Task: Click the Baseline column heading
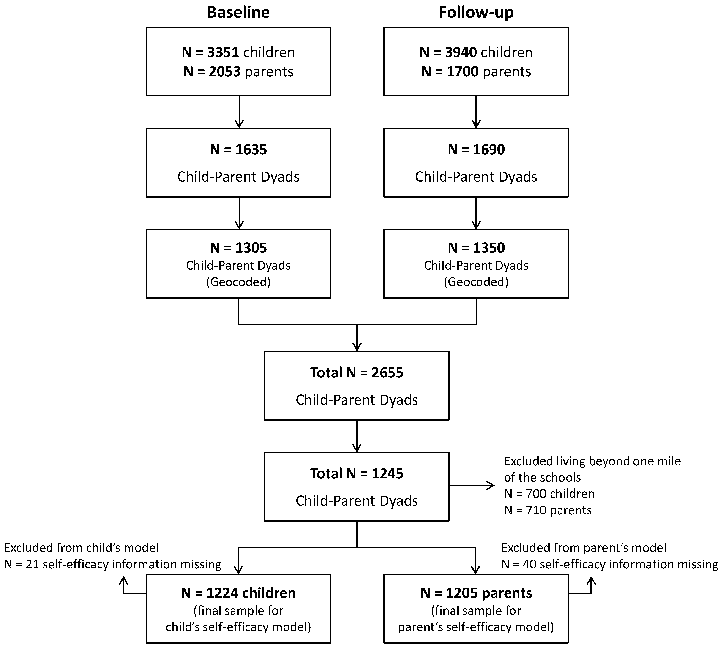[x=238, y=12]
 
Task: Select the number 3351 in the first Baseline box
[x=223, y=52]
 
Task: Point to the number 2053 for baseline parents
[x=224, y=72]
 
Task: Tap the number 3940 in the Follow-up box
[x=461, y=52]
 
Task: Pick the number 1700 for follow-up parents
[x=462, y=72]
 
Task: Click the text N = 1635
[x=238, y=150]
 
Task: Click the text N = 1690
[x=476, y=150]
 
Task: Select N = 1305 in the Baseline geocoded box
[x=238, y=248]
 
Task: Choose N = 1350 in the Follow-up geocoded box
[x=476, y=248]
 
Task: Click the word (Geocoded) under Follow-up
[x=476, y=282]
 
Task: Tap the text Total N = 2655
[x=356, y=373]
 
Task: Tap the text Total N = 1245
[x=356, y=474]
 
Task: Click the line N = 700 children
[x=549, y=494]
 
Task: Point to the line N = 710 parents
[x=548, y=510]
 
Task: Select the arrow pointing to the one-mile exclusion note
[x=472, y=485]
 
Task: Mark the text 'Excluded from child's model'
[x=81, y=548]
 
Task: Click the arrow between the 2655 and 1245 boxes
[x=356, y=436]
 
